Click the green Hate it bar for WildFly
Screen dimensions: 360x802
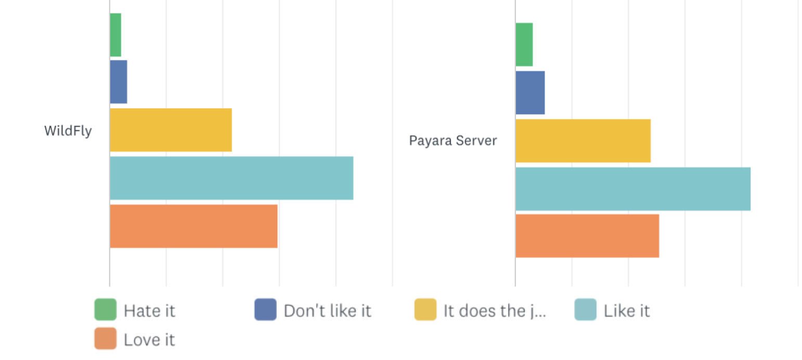[115, 35]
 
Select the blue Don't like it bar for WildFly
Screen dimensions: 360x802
[119, 82]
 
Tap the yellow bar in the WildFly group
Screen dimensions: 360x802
[171, 130]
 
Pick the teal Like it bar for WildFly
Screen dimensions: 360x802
[231, 178]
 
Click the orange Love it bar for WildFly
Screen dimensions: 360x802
[193, 226]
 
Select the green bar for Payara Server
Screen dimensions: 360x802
[524, 45]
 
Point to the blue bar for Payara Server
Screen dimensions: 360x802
[530, 93]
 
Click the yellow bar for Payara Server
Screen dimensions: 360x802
[583, 141]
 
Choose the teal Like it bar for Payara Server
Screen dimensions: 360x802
[633, 189]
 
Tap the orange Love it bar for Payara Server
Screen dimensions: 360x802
[587, 236]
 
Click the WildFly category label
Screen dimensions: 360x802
[68, 131]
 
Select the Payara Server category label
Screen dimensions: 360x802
[453, 140]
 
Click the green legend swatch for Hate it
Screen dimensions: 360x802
[105, 310]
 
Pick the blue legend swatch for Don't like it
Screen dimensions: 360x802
[265, 310]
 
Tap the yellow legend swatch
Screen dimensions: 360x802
[425, 310]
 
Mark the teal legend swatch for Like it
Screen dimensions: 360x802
[585, 310]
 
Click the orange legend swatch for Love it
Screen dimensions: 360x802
[105, 339]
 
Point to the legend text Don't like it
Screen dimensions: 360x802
[327, 311]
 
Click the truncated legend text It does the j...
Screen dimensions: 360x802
[495, 311]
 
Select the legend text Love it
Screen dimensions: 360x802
[149, 340]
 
